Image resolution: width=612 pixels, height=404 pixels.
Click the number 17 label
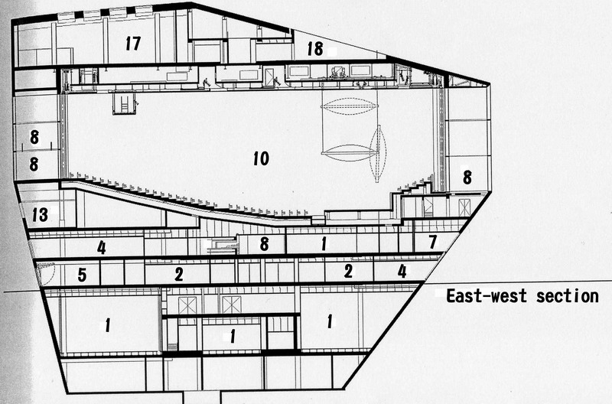(x=133, y=44)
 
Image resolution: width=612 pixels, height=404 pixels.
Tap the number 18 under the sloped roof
(x=314, y=48)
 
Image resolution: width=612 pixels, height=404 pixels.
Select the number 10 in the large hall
(x=260, y=158)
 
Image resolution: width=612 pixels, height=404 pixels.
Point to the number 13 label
(x=39, y=215)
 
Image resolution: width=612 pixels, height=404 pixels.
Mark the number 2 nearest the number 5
(x=179, y=273)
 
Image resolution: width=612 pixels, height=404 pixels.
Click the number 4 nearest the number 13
(x=101, y=247)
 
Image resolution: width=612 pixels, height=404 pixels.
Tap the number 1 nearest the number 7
(x=324, y=245)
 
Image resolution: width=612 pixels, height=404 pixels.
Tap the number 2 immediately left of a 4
(x=348, y=270)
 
